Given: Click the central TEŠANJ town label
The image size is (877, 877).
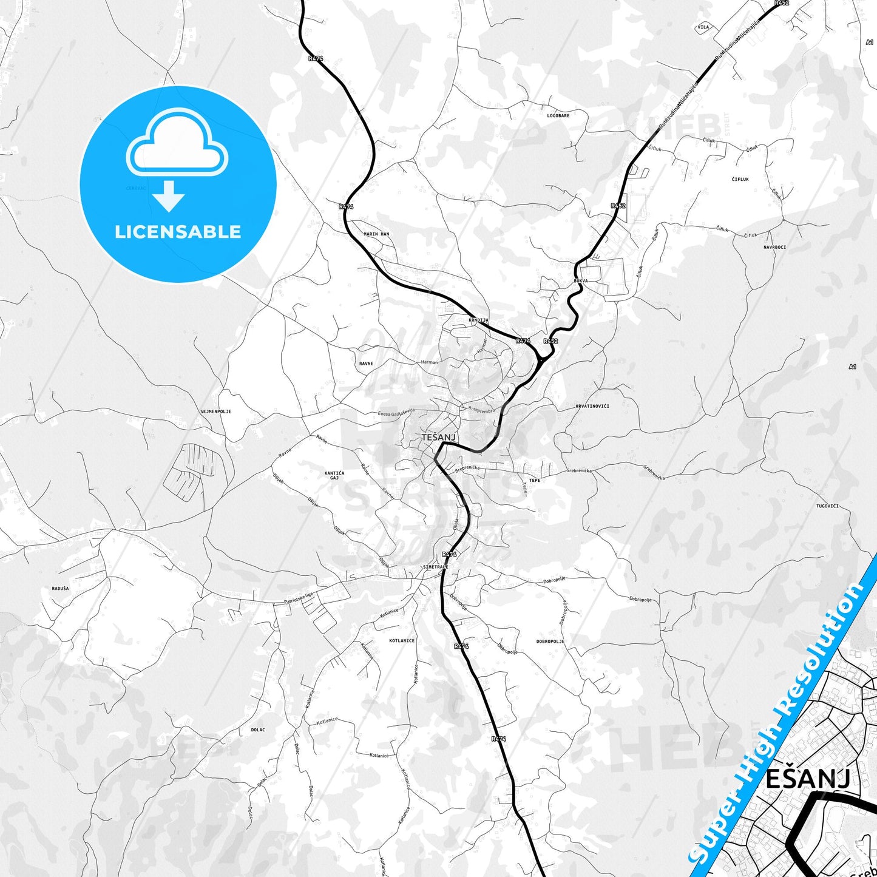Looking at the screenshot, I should click(438, 437).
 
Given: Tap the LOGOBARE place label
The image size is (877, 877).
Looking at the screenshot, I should click(558, 115).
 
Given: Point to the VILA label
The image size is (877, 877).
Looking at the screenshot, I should click(703, 27).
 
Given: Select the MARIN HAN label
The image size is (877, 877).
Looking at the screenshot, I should click(376, 234).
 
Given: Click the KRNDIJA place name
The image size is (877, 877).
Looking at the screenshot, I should click(478, 320).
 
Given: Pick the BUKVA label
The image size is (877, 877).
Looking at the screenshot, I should click(580, 281).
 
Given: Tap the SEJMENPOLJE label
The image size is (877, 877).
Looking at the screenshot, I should click(215, 411).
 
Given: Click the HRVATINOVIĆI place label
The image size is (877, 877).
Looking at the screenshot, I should click(592, 406).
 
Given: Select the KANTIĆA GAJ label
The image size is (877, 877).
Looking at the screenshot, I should click(334, 475).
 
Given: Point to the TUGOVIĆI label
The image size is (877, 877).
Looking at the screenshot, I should click(827, 506).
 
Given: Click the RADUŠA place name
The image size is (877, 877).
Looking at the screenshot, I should click(60, 589).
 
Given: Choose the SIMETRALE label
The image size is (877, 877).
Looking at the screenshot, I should click(435, 567).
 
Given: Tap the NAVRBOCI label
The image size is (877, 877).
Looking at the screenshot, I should click(775, 247).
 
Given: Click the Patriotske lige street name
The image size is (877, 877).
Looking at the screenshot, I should click(299, 598).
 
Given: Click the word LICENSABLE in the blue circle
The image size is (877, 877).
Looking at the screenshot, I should click(178, 232).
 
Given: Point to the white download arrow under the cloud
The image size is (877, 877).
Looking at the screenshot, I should click(168, 195).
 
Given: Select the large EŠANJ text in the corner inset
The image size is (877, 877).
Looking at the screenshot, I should click(808, 779).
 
